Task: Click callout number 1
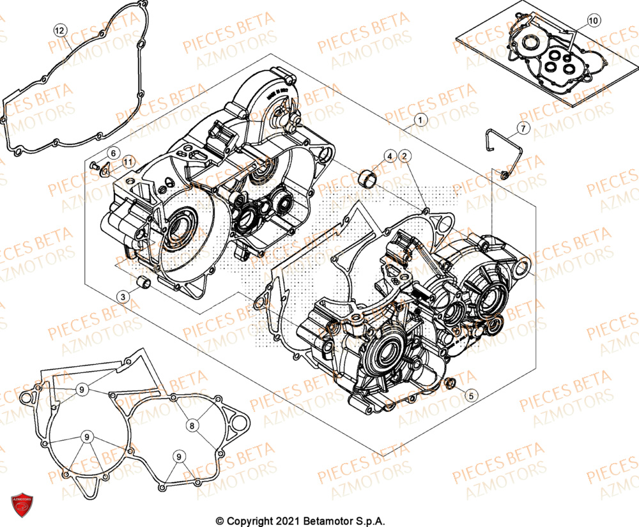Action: [x=420, y=119]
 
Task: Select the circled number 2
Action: [x=405, y=156]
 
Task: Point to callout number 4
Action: [x=389, y=156]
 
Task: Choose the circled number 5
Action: [x=470, y=395]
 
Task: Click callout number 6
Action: [x=112, y=153]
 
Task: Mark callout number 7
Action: [x=522, y=129]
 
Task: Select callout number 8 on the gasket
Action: [x=191, y=425]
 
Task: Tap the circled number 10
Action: [x=593, y=21]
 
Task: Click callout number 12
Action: [x=59, y=30]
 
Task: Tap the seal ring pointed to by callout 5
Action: [x=450, y=383]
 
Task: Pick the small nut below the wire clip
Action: [x=505, y=174]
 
